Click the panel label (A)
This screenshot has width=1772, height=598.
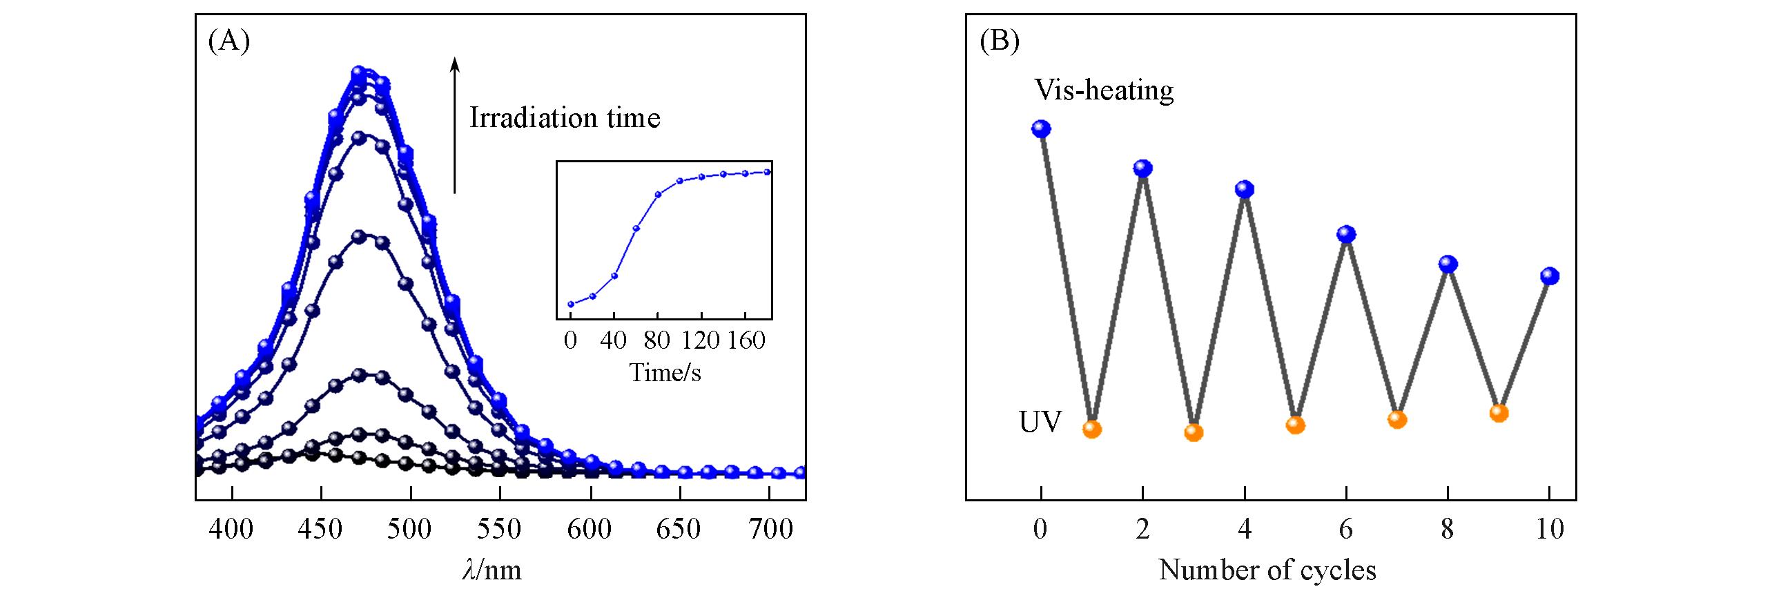pyautogui.click(x=228, y=43)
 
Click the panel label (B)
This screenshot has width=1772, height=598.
pyautogui.click(x=1000, y=43)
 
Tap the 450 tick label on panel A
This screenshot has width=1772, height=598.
pyautogui.click(x=321, y=529)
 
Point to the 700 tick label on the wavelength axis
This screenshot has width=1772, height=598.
pyautogui.click(x=771, y=529)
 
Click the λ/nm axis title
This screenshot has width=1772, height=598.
pyautogui.click(x=492, y=570)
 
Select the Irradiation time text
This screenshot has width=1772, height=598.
pyautogui.click(x=565, y=118)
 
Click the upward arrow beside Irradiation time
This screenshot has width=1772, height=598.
pyautogui.click(x=454, y=124)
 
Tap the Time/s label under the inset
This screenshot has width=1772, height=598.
pyautogui.click(x=665, y=373)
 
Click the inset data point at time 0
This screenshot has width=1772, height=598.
pyautogui.click(x=571, y=304)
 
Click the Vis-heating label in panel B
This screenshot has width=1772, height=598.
pyautogui.click(x=1103, y=90)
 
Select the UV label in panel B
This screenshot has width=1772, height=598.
pyautogui.click(x=1040, y=422)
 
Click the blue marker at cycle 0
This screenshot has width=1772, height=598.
pyautogui.click(x=1041, y=128)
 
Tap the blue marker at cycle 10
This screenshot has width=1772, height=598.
pyautogui.click(x=1550, y=276)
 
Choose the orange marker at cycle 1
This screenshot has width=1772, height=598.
pyautogui.click(x=1092, y=429)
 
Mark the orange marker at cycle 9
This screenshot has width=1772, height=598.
pyautogui.click(x=1499, y=413)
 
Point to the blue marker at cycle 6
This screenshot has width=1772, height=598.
pyautogui.click(x=1346, y=235)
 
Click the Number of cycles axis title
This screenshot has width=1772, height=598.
pyautogui.click(x=1267, y=570)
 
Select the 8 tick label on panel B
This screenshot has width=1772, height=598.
pyautogui.click(x=1448, y=529)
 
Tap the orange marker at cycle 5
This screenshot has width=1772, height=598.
pyautogui.click(x=1296, y=425)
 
